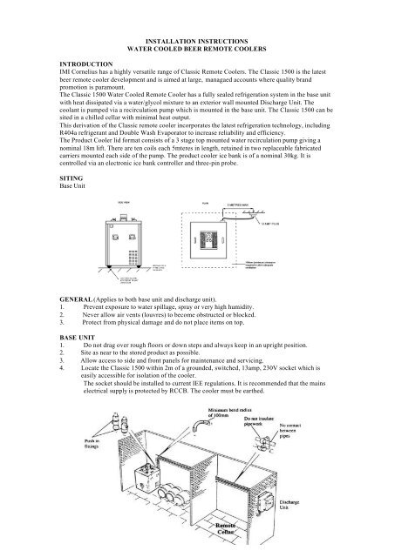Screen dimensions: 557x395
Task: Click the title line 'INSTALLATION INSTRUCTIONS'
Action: click(197, 41)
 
